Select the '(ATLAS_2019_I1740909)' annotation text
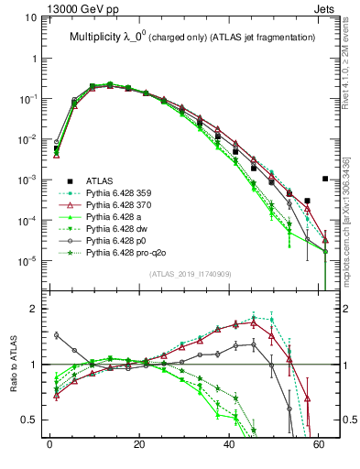[x=190, y=275]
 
